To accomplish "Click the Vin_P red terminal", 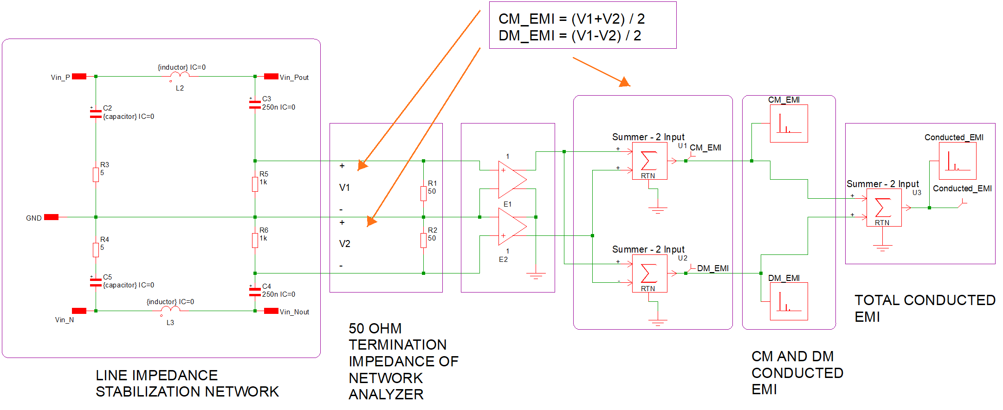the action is [x=79, y=77].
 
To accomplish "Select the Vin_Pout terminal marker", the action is [x=271, y=77].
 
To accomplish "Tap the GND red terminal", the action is [x=51, y=217].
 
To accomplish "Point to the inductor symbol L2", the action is [x=180, y=75].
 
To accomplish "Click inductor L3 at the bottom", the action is [x=170, y=309].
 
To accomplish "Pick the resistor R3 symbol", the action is [x=96, y=175].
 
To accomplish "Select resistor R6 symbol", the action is [x=255, y=240].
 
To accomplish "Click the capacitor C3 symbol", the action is [x=255, y=104].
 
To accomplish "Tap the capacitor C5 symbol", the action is [x=96, y=282].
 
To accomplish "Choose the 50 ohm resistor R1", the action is [x=423, y=194].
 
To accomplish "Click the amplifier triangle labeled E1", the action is [x=512, y=179].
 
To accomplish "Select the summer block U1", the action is [x=649, y=161].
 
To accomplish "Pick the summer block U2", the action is [x=649, y=273].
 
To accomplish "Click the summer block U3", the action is [x=884, y=208].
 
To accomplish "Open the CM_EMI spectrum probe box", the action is [x=789, y=124].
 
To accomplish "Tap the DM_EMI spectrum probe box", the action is [x=789, y=301].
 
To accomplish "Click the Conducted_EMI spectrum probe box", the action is [x=958, y=161].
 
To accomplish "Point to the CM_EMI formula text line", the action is [x=571, y=19].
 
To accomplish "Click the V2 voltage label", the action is [x=344, y=244].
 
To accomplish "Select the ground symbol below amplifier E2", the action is [x=536, y=275].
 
